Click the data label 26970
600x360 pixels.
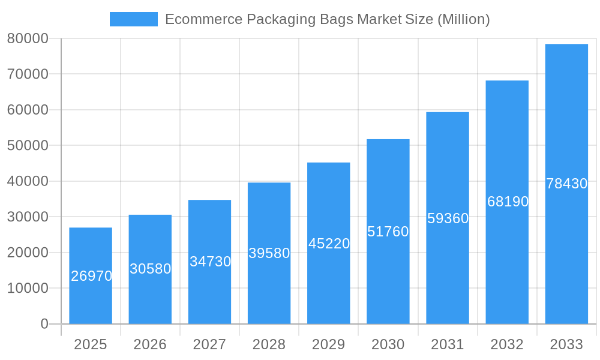point(91,276)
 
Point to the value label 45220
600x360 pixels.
point(329,244)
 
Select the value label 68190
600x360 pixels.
point(508,202)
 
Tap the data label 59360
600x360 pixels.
point(448,218)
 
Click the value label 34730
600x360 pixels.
point(210,262)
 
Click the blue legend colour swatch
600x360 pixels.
point(133,19)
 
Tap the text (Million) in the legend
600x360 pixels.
point(463,19)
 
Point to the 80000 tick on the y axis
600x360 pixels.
point(28,38)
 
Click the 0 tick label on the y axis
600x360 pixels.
point(44,324)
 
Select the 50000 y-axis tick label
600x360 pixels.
point(28,146)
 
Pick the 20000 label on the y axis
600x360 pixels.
point(28,253)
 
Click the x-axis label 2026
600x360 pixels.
point(150,344)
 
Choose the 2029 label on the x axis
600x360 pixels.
point(329,344)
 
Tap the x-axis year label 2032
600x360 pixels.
point(507,344)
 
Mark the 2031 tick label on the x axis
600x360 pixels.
point(448,344)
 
